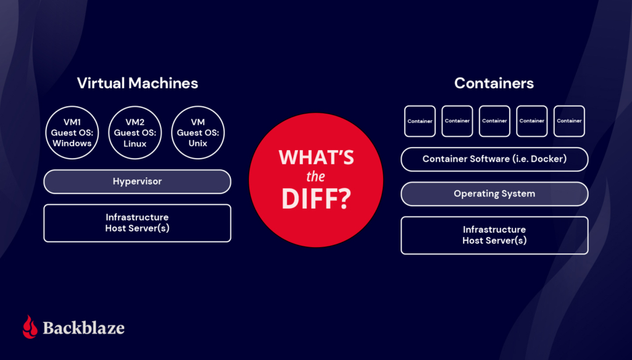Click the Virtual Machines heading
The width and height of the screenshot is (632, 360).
[x=137, y=83]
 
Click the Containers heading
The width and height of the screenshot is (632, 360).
[x=494, y=83]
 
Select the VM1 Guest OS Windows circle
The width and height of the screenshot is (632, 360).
[x=72, y=133]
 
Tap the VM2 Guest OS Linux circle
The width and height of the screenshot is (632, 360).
[x=135, y=133]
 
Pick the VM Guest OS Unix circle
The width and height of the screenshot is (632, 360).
[x=197, y=133]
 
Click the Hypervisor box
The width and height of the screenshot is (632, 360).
[x=137, y=182]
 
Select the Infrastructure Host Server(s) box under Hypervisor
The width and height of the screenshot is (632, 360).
[x=137, y=223]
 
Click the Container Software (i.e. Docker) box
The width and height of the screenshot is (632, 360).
[x=494, y=159]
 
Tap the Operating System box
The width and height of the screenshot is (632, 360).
[x=494, y=194]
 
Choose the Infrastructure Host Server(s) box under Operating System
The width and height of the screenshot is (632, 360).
[x=494, y=235]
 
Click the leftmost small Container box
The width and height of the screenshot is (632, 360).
[x=420, y=121]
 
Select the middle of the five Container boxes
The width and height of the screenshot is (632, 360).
[x=494, y=121]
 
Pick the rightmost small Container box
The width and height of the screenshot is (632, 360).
[x=569, y=121]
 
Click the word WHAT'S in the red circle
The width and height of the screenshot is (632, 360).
[x=316, y=157]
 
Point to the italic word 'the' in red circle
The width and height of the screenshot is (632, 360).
[x=316, y=178]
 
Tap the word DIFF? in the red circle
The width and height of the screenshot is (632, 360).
[x=316, y=199]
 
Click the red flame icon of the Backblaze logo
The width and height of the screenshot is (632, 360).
[x=30, y=327]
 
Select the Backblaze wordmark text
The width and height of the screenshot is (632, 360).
[x=83, y=327]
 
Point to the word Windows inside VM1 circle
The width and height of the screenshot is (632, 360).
[x=72, y=143]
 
